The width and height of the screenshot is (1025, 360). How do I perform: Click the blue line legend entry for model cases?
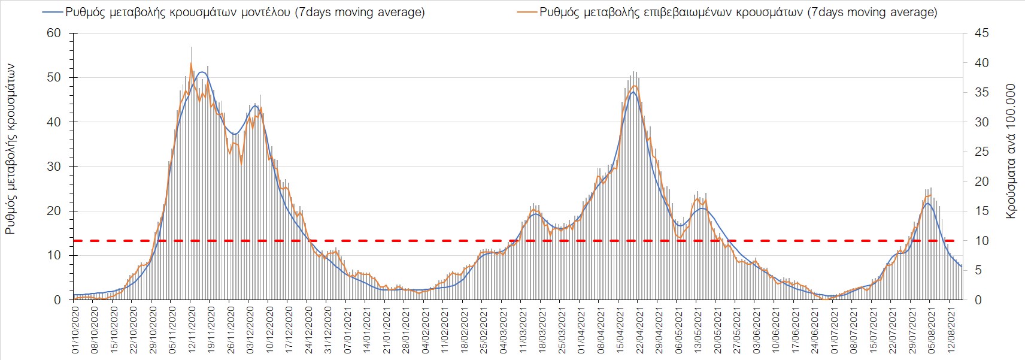(234, 12)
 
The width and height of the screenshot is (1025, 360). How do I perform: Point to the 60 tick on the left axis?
(54, 33)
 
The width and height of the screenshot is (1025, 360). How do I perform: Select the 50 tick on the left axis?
(54, 77)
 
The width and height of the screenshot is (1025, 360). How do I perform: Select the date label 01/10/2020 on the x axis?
(75, 330)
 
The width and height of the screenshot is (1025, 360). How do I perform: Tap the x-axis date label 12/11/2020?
(192, 330)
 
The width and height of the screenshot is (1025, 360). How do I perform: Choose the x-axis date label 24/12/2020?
(309, 330)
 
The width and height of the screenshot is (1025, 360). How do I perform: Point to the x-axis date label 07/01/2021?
(348, 330)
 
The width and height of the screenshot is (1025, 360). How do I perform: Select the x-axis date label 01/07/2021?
(834, 330)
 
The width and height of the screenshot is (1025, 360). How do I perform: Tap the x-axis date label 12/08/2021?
(951, 330)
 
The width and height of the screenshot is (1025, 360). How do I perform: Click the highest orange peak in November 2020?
(191, 63)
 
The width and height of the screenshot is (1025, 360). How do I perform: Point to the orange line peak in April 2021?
(635, 86)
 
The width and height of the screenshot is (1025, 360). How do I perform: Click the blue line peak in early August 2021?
(927, 203)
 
